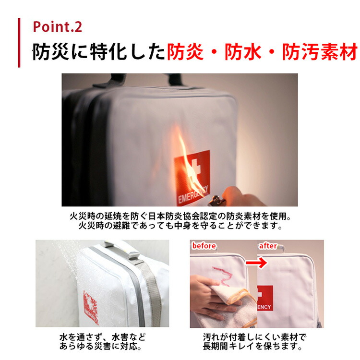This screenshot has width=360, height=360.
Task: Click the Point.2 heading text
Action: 58,27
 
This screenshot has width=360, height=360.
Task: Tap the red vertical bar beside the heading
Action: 19,43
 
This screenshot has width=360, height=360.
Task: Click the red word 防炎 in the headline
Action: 185,52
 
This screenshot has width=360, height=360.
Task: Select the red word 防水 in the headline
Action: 243,52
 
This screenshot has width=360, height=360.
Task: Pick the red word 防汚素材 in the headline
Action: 320,52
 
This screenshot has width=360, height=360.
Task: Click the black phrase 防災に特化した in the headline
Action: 99,52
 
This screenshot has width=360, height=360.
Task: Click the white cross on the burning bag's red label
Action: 195,168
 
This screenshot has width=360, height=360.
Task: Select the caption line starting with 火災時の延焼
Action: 180,216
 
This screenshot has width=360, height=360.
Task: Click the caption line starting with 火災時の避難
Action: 180,226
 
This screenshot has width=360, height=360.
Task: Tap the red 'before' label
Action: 204,246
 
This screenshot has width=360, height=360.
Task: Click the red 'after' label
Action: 268,246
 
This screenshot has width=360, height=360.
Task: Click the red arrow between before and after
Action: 256,263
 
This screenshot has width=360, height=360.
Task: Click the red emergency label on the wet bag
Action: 91,307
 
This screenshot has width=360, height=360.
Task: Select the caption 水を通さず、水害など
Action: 102,337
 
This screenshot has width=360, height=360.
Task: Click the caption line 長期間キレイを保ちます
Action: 252,346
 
